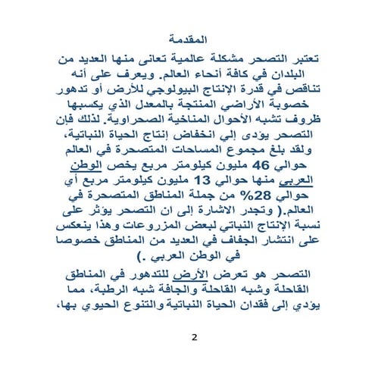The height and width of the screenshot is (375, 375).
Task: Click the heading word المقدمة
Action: coord(187,37)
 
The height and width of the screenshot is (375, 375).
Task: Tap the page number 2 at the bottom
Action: coord(193,337)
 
